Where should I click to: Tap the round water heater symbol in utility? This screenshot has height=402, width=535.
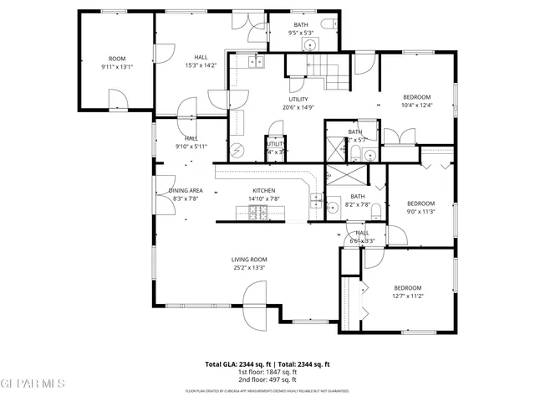tap(238, 151)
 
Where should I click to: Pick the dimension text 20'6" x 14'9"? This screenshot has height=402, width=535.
tap(298, 106)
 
